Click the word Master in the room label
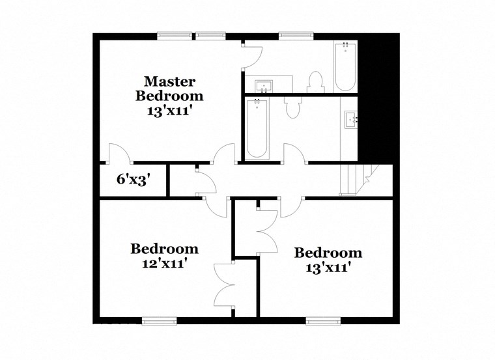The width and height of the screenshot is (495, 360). point(169,82)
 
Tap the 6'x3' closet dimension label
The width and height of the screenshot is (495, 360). point(134,179)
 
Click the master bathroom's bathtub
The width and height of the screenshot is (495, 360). point(345,68)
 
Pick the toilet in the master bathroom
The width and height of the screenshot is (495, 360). point(316,82)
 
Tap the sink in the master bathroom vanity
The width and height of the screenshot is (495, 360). point(264,87)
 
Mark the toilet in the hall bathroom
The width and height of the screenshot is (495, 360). point(292,107)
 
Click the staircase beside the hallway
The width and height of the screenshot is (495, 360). point(356,180)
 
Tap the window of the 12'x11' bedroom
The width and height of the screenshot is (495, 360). point(160,320)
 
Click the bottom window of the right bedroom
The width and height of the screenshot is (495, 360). point(323,320)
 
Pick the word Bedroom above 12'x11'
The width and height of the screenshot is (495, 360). point(164,249)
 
